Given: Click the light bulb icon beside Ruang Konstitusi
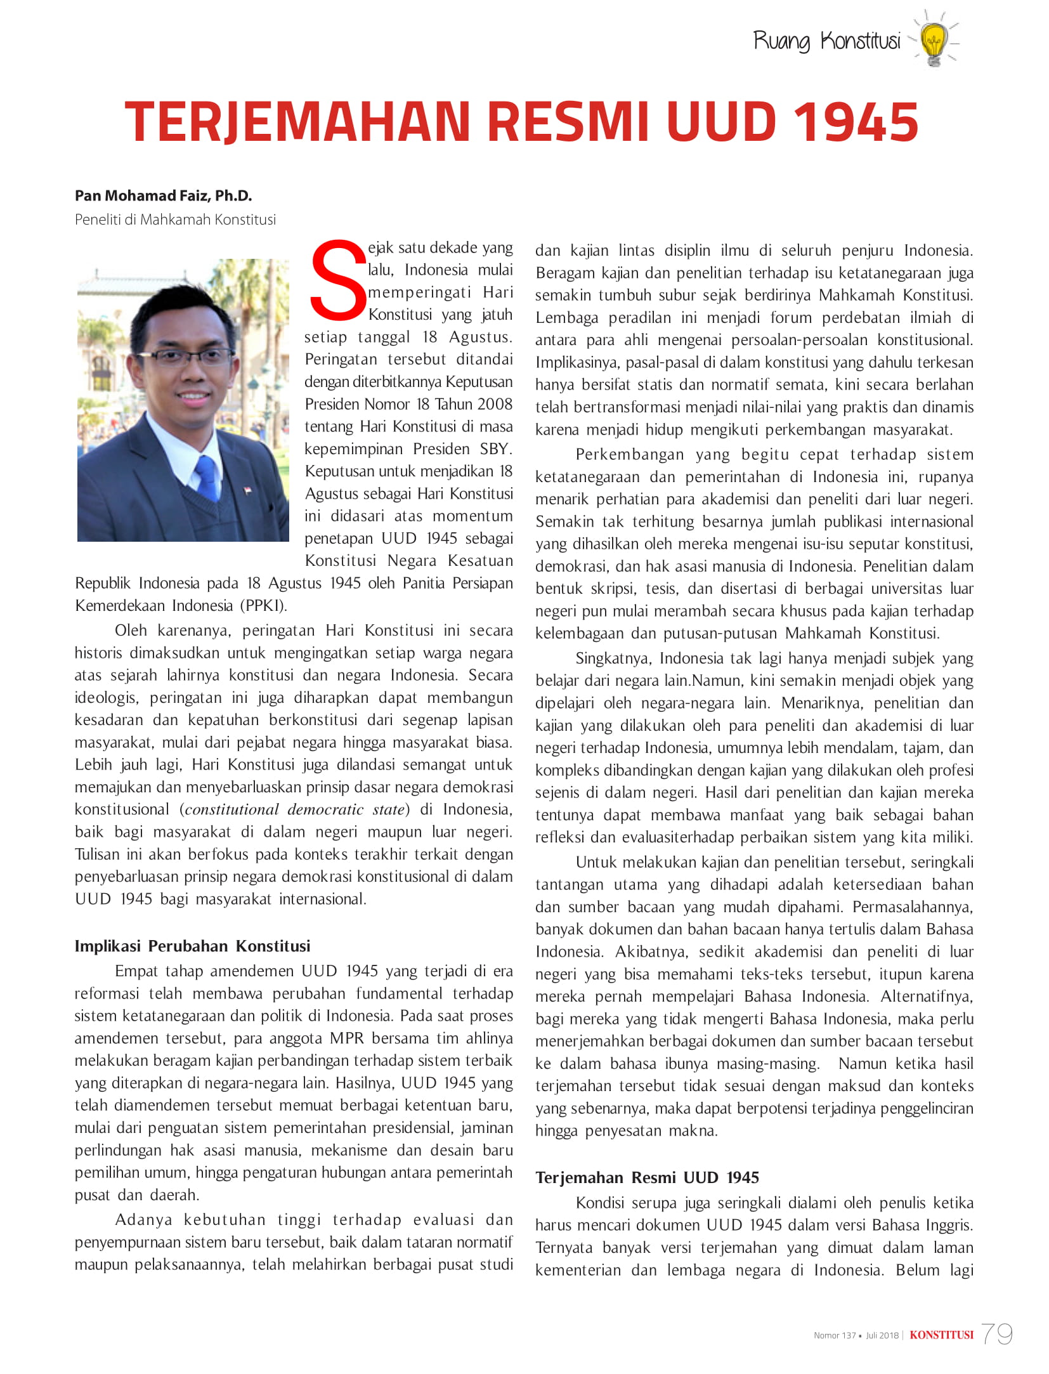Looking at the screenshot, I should pos(934,41).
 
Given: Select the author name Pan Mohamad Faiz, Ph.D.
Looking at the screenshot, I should pos(163,195).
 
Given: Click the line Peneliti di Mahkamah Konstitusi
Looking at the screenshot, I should pos(175,219).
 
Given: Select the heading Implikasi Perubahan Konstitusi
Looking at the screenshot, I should pos(192,946).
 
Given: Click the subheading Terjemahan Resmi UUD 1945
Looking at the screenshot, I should pos(647,1178).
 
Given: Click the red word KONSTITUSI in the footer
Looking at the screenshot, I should pos(941,1335).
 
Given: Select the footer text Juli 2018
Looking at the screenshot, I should pos(882,1335).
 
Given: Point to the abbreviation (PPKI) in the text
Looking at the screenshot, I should pos(263,606).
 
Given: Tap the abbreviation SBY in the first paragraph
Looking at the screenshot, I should pos(495,449).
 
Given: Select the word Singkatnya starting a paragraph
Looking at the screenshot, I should pos(613,658).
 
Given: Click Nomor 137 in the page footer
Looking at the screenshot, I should pos(835,1335).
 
